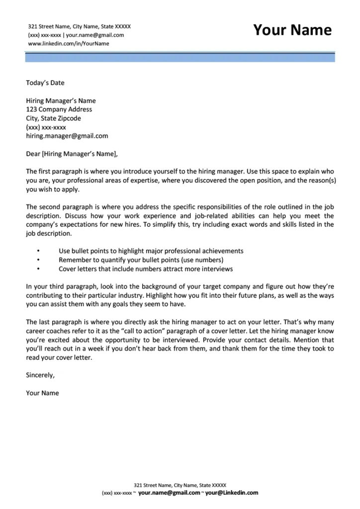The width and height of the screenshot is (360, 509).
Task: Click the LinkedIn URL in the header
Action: click(69, 44)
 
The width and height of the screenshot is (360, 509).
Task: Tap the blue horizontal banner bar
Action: click(180, 57)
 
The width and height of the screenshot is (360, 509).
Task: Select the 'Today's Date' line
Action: click(45, 83)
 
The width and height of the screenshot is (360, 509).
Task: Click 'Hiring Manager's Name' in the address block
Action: click(61, 101)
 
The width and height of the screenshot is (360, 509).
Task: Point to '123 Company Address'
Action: click(59, 110)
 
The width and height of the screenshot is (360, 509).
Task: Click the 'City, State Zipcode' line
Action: click(53, 119)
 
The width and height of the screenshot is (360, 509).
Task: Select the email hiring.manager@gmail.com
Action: click(67, 136)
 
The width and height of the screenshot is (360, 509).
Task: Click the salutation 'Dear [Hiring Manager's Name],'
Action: click(73, 154)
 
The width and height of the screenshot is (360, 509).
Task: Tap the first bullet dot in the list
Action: click(38, 252)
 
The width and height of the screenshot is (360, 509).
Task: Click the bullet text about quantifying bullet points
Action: click(141, 260)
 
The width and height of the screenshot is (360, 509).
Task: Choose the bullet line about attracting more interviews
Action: click(145, 269)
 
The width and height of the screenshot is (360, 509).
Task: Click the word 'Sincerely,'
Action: click(40, 375)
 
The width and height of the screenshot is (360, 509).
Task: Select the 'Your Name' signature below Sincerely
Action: click(42, 393)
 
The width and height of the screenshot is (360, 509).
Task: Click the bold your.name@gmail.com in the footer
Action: click(169, 493)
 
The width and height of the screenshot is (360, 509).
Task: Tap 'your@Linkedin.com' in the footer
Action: click(232, 493)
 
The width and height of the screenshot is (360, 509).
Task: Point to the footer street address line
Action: click(180, 485)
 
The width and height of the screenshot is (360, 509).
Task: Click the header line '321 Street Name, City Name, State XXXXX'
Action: click(80, 26)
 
